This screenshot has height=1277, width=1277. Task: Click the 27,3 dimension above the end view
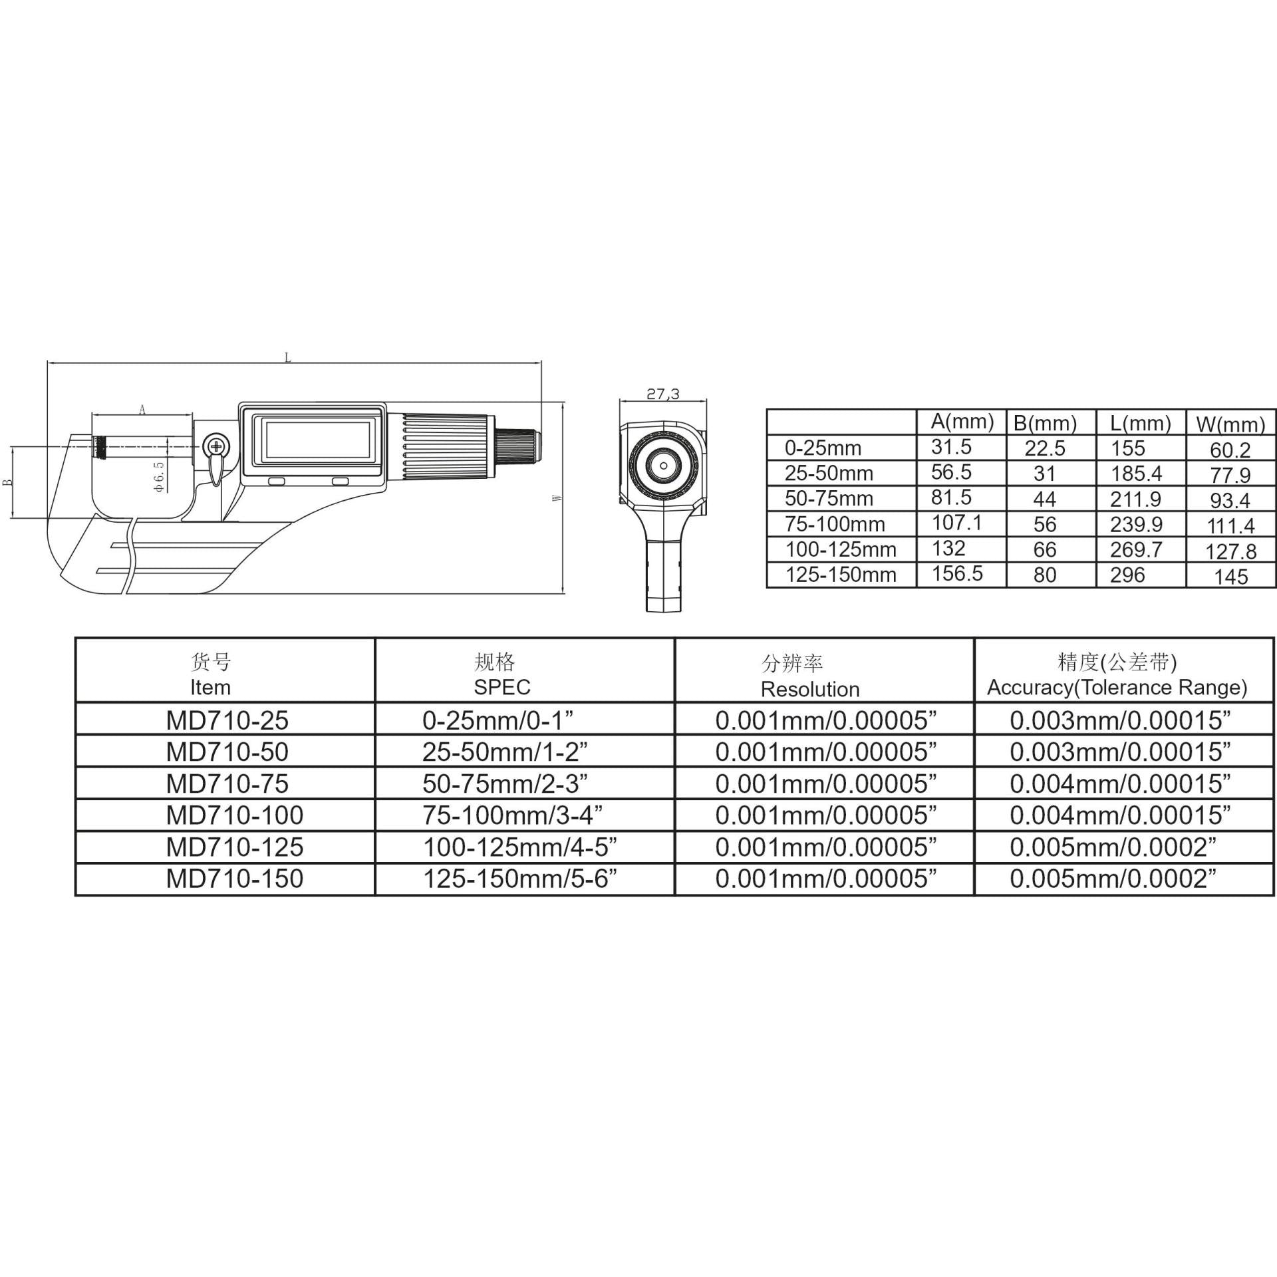[663, 394]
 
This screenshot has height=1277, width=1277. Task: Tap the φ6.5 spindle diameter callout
[160, 477]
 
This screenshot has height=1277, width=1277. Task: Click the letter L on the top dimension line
[288, 358]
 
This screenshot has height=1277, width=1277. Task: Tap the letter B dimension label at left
[8, 482]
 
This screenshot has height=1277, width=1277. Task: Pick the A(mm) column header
[962, 421]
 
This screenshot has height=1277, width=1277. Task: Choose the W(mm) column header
[1230, 424]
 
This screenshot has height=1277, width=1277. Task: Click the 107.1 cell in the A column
[956, 523]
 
